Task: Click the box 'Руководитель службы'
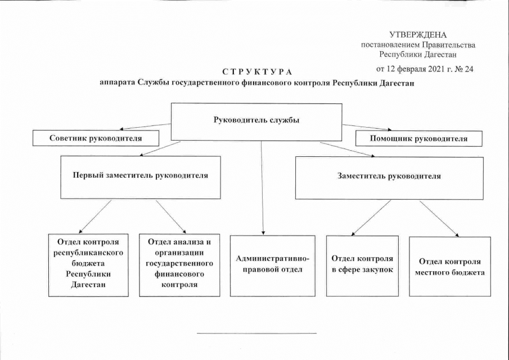(x=256, y=121)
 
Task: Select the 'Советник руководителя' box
(x=95, y=138)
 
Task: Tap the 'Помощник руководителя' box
(x=418, y=138)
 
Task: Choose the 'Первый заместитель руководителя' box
(x=141, y=175)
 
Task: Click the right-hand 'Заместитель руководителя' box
(x=389, y=176)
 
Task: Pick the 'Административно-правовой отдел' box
(x=273, y=265)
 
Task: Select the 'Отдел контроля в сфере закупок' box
(x=362, y=264)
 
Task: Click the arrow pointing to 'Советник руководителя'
(x=144, y=127)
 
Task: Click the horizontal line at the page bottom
(x=256, y=333)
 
